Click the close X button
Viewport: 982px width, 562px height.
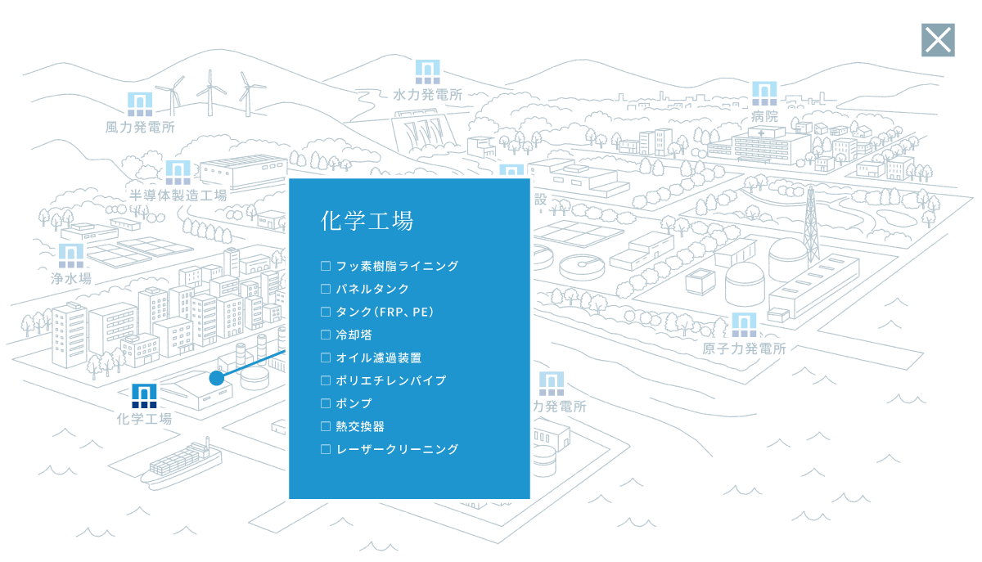tap(938, 40)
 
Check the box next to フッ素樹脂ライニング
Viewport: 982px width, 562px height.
tap(326, 266)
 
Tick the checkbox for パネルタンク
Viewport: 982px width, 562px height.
tap(326, 289)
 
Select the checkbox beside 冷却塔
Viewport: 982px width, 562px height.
tap(326, 335)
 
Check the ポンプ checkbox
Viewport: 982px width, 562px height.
tap(326, 403)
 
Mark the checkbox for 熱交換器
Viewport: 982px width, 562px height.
tap(326, 426)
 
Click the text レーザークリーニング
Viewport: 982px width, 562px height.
tap(397, 449)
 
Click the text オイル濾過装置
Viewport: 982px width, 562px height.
tap(379, 357)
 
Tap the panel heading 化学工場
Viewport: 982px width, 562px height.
tap(367, 221)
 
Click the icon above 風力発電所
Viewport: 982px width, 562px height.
tap(140, 105)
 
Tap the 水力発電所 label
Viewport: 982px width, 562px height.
tap(427, 95)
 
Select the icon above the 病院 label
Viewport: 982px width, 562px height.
tap(764, 93)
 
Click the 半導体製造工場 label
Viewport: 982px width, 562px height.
tap(178, 195)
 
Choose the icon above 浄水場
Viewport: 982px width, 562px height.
tap(71, 255)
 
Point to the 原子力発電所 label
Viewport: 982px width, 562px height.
tap(744, 348)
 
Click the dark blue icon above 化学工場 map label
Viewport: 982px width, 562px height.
tap(144, 396)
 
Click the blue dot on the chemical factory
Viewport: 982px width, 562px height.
tap(217, 378)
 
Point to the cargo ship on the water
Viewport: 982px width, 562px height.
tap(181, 464)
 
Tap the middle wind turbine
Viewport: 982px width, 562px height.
tap(211, 93)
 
